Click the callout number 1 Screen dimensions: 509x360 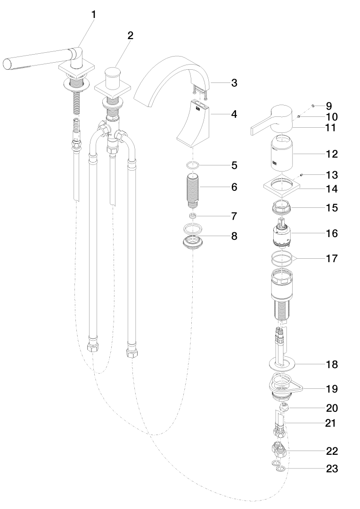coord(93,15)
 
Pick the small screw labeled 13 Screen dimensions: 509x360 coord(302,175)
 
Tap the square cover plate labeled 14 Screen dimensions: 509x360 coord(283,189)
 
